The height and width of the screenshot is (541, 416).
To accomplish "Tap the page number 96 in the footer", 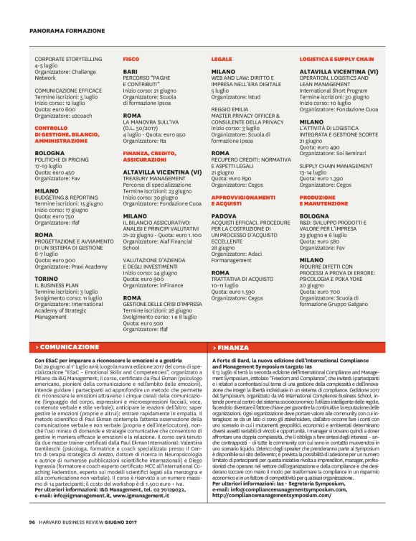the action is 32,522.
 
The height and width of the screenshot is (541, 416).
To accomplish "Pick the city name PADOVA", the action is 224,215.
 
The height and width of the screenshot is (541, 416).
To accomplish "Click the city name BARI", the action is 130,72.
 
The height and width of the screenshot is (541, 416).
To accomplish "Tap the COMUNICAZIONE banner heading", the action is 69,346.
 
